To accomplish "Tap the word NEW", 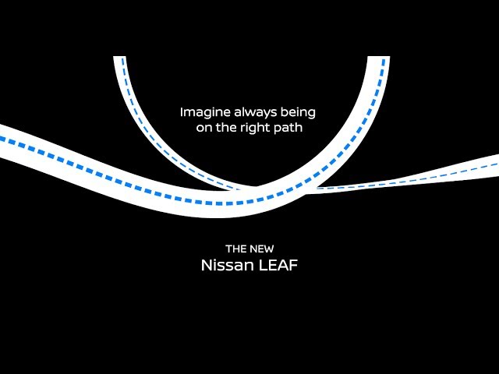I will [262, 249].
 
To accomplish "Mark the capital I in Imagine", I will [182, 112].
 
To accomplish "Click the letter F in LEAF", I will [294, 265].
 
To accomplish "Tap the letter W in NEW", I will [269, 249].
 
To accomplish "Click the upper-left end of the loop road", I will [119, 58].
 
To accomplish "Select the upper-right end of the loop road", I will [383, 58].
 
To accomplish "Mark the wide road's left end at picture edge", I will [2, 141].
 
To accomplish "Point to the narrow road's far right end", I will [496, 165].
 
